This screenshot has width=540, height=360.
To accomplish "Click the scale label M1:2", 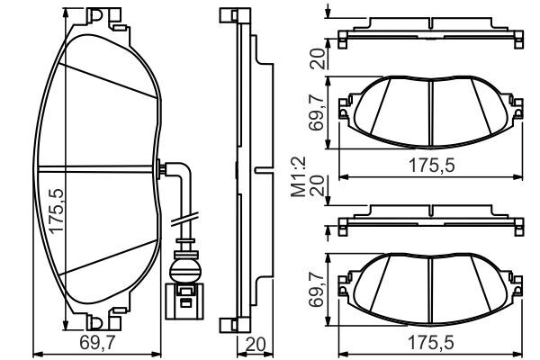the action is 299,176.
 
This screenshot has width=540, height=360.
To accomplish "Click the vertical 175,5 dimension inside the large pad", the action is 56,211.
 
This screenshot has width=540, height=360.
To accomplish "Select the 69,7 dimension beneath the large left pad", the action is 97,343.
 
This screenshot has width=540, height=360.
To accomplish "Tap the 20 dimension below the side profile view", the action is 256,345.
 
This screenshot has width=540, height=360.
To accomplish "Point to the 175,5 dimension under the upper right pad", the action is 431,165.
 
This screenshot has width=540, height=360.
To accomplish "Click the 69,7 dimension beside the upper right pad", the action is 317,112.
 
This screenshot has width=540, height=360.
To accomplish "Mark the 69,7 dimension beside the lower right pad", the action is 317,289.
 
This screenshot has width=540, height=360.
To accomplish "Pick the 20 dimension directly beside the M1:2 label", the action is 317,186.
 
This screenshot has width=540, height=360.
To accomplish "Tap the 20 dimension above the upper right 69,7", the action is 317,58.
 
